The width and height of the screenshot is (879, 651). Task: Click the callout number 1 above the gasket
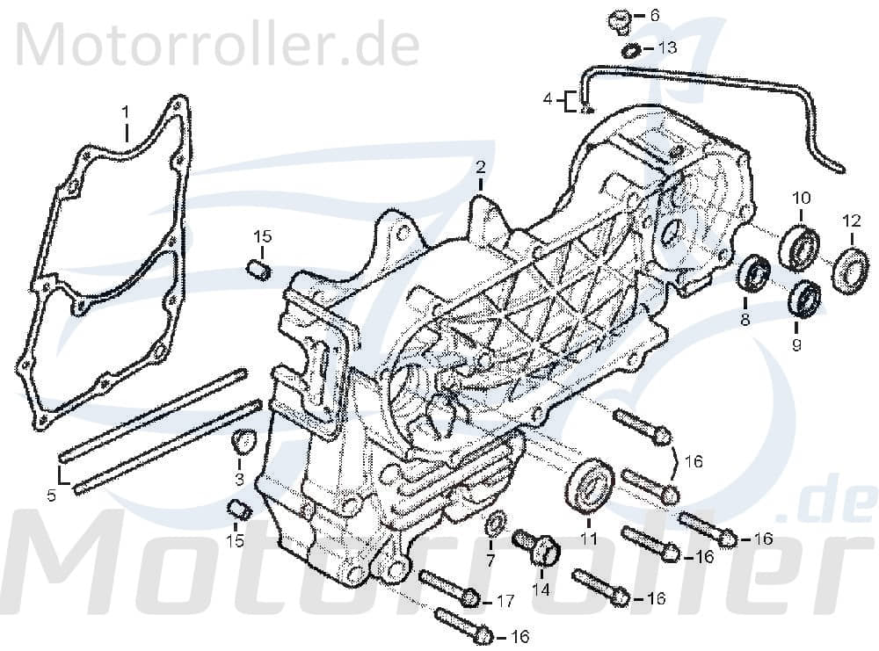(x=125, y=112)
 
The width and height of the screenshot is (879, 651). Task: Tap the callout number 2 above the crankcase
(x=481, y=166)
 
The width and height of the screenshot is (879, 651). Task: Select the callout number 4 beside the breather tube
(x=548, y=100)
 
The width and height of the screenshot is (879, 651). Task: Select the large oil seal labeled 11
(x=590, y=485)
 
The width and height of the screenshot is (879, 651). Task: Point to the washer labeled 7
(x=496, y=524)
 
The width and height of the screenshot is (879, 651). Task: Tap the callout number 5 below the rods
(x=52, y=495)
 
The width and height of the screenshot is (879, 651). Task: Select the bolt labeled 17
(x=448, y=589)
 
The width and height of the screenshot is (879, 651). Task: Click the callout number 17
(x=505, y=602)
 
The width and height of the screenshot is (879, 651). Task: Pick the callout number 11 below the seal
(x=587, y=538)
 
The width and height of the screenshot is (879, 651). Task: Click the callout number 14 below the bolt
(x=540, y=590)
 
